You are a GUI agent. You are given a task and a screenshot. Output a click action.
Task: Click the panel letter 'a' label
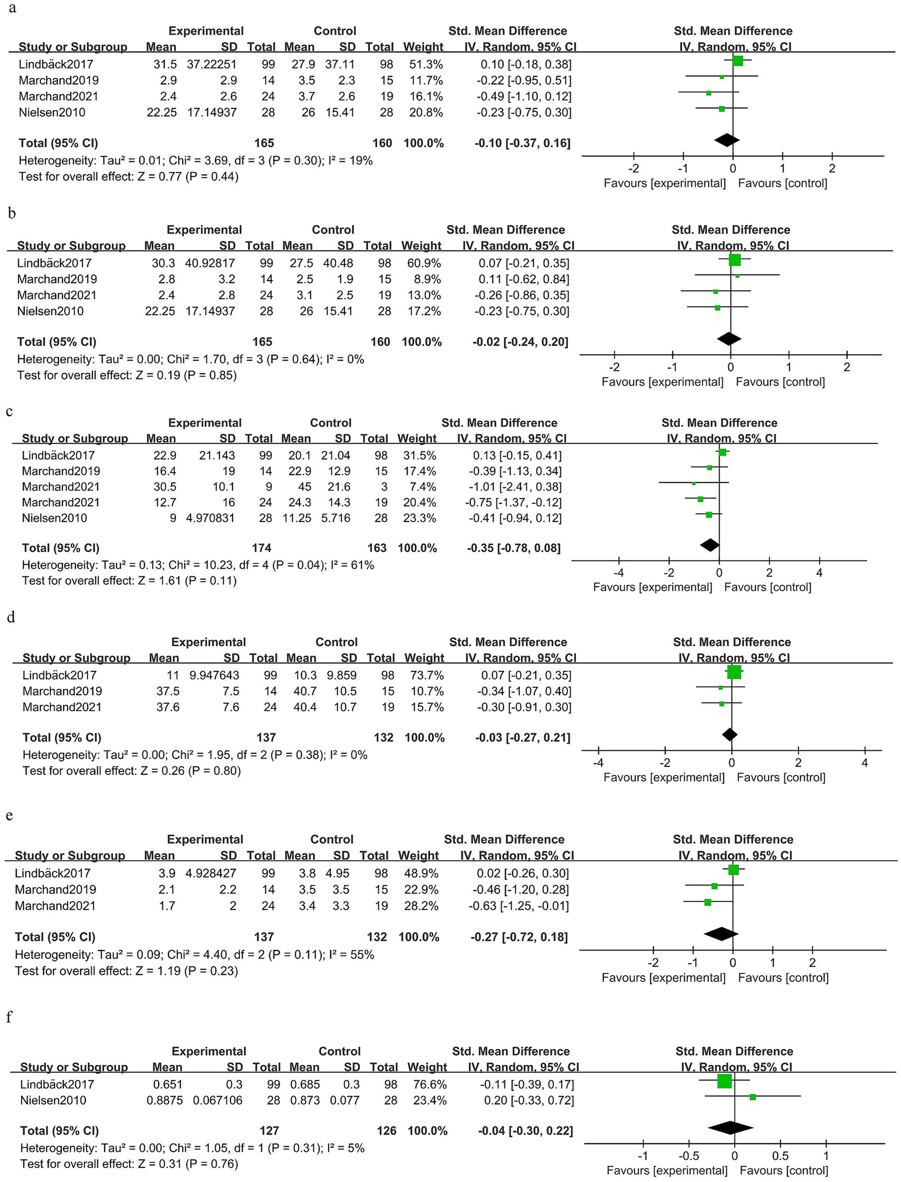pos(12,9)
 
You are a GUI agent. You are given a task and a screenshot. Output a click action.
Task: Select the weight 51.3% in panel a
pos(423,64)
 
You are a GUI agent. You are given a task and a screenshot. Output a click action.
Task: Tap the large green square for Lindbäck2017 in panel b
pos(734,260)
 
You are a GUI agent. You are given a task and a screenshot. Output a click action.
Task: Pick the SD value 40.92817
pos(210,263)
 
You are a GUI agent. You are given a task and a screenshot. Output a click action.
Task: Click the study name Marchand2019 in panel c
pos(61,471)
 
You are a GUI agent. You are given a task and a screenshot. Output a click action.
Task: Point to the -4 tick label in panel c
pos(618,573)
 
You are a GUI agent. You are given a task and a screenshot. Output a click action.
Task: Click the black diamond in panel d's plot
pos(730,734)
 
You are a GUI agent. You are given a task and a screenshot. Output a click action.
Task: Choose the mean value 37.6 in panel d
pos(168,707)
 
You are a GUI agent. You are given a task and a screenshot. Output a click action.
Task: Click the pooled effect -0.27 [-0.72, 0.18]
pos(519,937)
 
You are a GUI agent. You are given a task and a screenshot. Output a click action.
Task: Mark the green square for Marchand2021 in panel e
pos(707,903)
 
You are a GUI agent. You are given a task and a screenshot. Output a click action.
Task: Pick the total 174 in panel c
pos(261,548)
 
